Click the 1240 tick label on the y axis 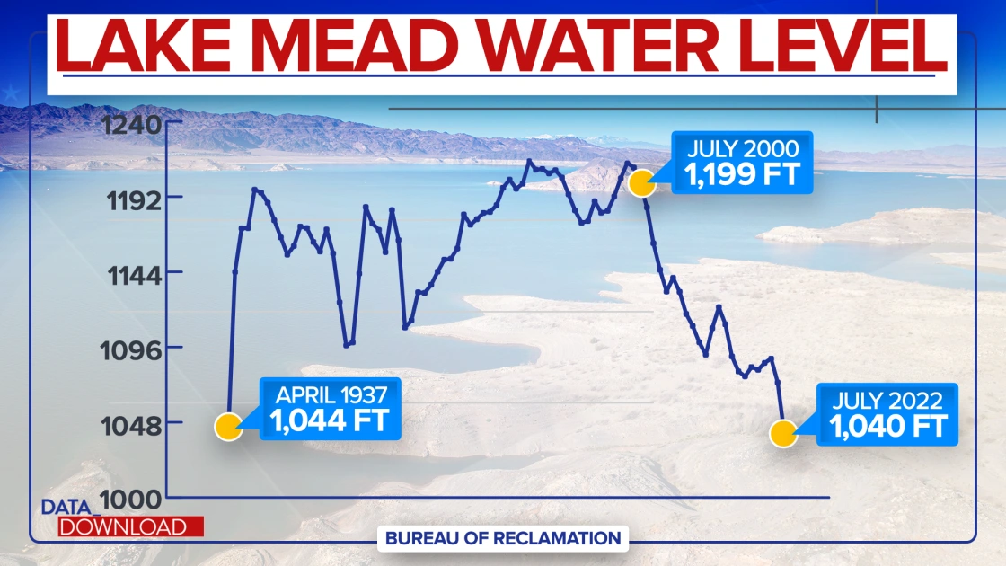[132, 122]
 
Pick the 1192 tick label [132, 198]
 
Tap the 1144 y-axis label [132, 273]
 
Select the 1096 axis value [132, 349]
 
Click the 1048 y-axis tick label [132, 424]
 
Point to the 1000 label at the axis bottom [132, 500]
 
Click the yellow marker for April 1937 [228, 427]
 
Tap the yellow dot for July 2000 [640, 183]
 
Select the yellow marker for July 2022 [783, 435]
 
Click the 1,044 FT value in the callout [331, 420]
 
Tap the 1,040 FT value [887, 427]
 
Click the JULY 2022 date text [887, 400]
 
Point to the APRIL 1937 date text [331, 394]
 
